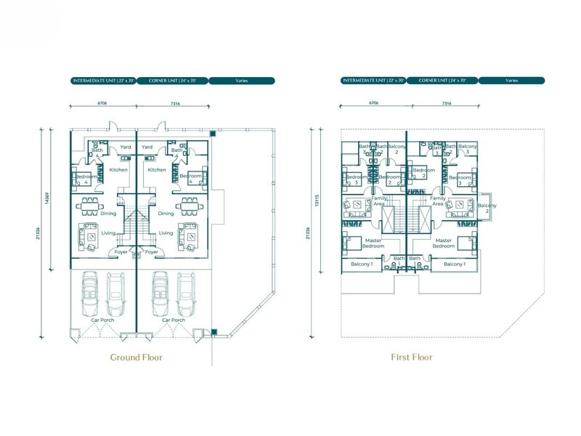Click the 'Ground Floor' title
pyautogui.click(x=136, y=357)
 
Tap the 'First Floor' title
pyautogui.click(x=411, y=357)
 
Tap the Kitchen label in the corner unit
pyautogui.click(x=157, y=170)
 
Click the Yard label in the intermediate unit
pyautogui.click(x=126, y=147)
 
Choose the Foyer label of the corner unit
pyautogui.click(x=153, y=252)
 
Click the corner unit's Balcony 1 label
pyautogui.click(x=454, y=264)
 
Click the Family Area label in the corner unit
pyautogui.click(x=437, y=201)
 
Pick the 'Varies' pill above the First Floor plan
pyautogui.click(x=512, y=81)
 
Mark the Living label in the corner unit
pyautogui.click(x=166, y=233)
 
